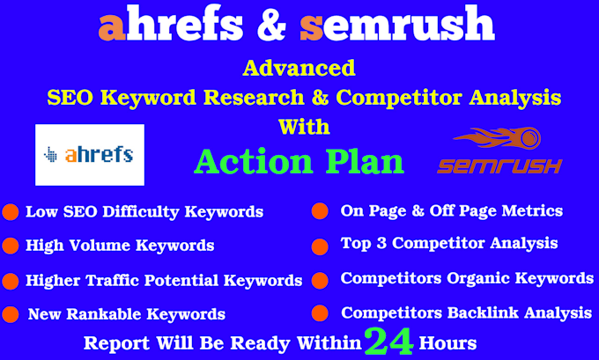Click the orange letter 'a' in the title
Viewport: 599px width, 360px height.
[112, 27]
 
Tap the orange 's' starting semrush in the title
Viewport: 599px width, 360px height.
[312, 27]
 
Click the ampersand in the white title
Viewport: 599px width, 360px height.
[271, 24]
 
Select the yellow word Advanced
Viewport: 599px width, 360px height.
[299, 68]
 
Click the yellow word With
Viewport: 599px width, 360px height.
[304, 127]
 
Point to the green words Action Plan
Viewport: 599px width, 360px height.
[299, 162]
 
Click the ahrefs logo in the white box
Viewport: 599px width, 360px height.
[89, 155]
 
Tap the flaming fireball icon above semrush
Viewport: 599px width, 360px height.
[498, 138]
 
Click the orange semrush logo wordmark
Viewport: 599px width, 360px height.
[499, 166]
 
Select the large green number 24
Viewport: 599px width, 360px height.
[388, 342]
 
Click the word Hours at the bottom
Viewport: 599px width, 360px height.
[447, 342]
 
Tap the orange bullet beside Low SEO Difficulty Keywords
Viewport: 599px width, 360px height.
[11, 212]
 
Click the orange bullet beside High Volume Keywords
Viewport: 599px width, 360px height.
[11, 246]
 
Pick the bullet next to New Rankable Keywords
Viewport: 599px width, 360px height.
[11, 314]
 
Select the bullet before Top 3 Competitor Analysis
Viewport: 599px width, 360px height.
[320, 246]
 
